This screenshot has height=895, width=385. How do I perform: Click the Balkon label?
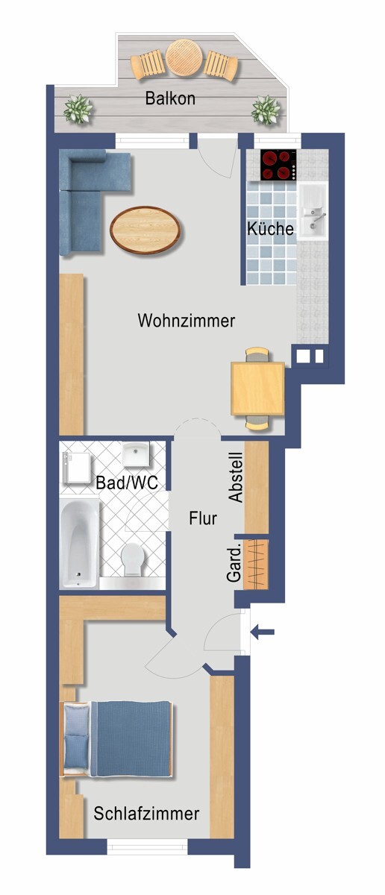171,98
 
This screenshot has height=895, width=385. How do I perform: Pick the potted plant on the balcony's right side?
264,111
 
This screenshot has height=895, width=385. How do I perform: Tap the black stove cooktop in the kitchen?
278,166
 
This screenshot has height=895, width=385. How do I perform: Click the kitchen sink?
313,213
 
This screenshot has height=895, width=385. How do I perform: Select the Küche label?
271,229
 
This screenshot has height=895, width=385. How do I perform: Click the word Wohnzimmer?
187,321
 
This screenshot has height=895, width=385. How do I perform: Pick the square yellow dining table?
257,388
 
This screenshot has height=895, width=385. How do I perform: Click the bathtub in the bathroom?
79,542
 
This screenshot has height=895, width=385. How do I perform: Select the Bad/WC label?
127,483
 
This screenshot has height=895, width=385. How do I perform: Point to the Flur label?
202,518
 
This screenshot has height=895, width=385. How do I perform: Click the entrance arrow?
263,633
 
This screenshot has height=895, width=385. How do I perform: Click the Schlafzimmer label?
147,813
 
